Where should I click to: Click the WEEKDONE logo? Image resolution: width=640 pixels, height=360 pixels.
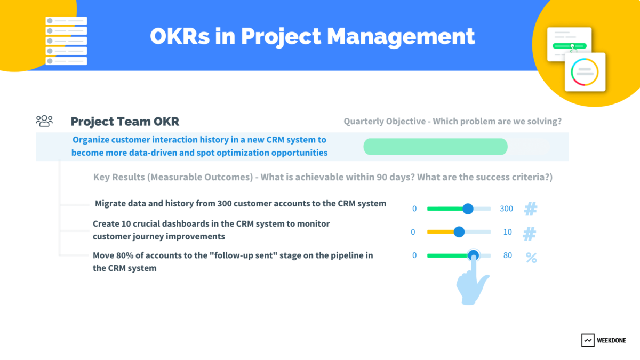pos(603,340)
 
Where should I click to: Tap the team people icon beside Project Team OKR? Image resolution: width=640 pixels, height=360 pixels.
pos(44,121)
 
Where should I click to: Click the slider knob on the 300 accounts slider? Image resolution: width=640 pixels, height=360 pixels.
pos(468,209)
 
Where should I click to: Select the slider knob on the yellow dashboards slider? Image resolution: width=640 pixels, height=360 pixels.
pos(459,232)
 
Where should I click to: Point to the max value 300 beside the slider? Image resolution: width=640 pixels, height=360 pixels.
pos(506,209)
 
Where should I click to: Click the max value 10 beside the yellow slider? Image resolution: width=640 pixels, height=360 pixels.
pos(507,232)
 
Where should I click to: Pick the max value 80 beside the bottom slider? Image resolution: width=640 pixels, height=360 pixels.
pos(507,255)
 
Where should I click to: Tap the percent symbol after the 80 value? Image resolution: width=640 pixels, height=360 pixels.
pos(531,258)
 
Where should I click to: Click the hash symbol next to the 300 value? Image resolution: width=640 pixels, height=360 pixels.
pos(530,209)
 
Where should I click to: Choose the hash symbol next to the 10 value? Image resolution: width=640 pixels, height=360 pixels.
pos(529,233)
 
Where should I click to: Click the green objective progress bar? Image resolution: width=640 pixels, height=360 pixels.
pos(435,147)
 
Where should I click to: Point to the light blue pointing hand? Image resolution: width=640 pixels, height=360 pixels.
pos(472,285)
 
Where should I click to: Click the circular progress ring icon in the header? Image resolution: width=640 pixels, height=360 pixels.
pos(585,71)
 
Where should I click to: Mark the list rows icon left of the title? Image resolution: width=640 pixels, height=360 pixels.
pos(66,41)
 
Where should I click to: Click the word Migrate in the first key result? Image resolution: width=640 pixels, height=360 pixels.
pos(110,203)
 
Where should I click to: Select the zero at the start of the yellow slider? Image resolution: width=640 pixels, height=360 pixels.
pos(413,232)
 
